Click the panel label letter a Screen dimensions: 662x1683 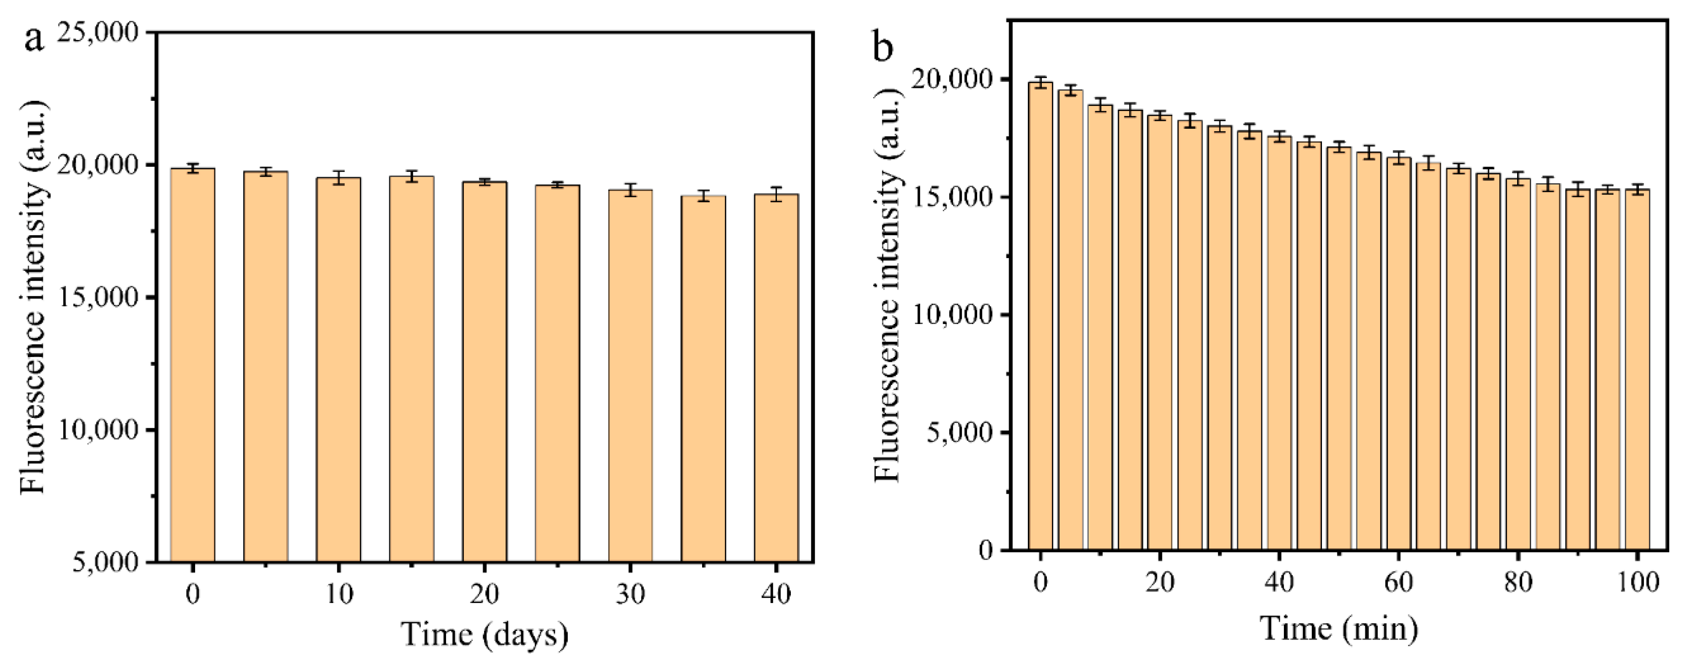point(34,39)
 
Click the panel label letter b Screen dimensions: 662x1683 point(883,47)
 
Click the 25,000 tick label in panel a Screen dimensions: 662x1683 point(98,33)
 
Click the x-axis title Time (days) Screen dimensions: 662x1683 point(484,634)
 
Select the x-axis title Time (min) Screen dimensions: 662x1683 point(1339,629)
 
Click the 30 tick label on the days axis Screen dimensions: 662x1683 point(631,593)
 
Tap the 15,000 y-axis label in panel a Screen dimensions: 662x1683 point(98,298)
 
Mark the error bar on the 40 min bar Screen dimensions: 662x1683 point(1279,137)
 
